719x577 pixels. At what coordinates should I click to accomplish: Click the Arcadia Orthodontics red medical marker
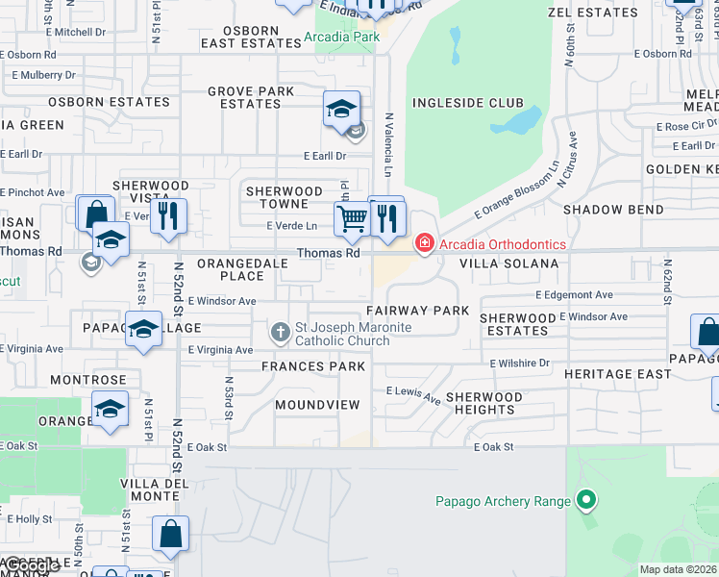(424, 243)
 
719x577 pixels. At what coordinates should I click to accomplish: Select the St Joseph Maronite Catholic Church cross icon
(281, 334)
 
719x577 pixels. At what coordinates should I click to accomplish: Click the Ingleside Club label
(468, 103)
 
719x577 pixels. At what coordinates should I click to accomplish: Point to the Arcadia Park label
(341, 38)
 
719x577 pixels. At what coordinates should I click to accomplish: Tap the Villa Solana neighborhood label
(508, 263)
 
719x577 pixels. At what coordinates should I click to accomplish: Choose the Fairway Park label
(417, 311)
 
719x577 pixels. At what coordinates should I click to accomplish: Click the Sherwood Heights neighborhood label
(483, 403)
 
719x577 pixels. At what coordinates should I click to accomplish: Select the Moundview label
(316, 405)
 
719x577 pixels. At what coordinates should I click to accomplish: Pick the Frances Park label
(313, 366)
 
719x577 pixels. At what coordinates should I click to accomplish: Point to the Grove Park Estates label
(251, 97)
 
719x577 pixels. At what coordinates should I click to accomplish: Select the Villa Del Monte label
(150, 489)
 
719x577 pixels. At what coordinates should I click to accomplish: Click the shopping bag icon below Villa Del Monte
(170, 534)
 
